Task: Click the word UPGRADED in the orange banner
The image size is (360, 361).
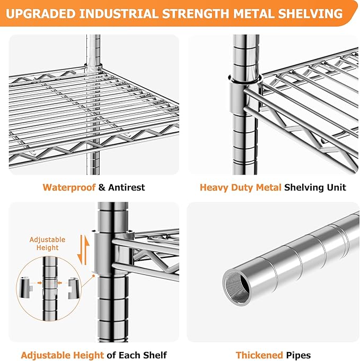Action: pos(40,13)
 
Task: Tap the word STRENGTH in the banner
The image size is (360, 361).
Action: pos(196,13)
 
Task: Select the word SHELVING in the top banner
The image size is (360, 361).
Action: pos(310,13)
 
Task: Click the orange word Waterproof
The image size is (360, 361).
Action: pos(69,187)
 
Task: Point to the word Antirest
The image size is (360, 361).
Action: pos(126,187)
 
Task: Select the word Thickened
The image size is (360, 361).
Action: pos(259,355)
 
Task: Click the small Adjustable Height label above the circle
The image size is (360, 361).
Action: pos(47,244)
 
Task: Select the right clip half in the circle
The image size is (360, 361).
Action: pos(74,288)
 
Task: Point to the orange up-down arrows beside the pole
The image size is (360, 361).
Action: pos(83,250)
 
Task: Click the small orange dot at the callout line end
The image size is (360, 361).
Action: pos(93,276)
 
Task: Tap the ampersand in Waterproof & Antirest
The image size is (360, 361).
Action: pos(102,187)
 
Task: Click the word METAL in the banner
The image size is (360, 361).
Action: pos(253,13)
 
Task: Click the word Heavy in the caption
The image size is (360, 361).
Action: pos(214,187)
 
